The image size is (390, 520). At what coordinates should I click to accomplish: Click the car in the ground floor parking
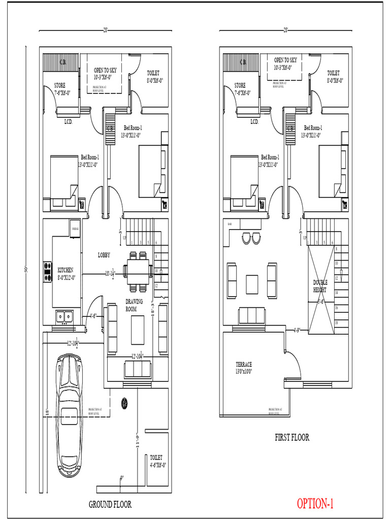pyautogui.click(x=69, y=415)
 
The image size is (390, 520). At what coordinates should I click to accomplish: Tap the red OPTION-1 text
pyautogui.click(x=315, y=503)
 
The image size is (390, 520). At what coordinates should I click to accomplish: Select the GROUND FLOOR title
pyautogui.click(x=110, y=504)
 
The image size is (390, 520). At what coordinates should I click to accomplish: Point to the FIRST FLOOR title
pyautogui.click(x=292, y=437)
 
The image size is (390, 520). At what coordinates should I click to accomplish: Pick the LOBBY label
pyautogui.click(x=104, y=255)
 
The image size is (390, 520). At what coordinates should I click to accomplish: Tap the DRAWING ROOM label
pyautogui.click(x=135, y=305)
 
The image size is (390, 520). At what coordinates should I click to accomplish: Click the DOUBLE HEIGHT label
pyautogui.click(x=320, y=286)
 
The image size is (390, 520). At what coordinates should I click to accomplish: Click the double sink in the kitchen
pyautogui.click(x=64, y=317)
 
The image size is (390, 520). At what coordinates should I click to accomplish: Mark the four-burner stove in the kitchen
pyautogui.click(x=48, y=271)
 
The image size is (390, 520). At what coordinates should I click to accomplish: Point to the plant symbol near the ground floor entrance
pyautogui.click(x=124, y=403)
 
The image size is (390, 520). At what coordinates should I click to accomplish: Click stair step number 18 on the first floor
pyautogui.click(x=336, y=323)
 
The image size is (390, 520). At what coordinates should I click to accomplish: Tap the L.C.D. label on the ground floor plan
pyautogui.click(x=68, y=122)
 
